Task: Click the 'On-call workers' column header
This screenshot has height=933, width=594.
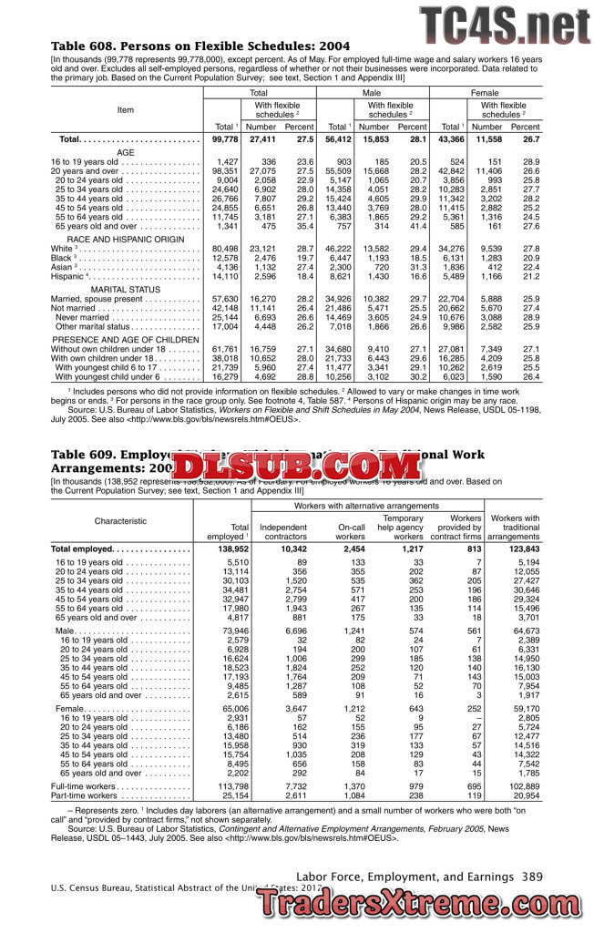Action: coord(351,532)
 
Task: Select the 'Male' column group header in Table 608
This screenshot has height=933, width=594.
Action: coord(372,93)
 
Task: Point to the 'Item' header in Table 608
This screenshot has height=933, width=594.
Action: coord(126,110)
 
